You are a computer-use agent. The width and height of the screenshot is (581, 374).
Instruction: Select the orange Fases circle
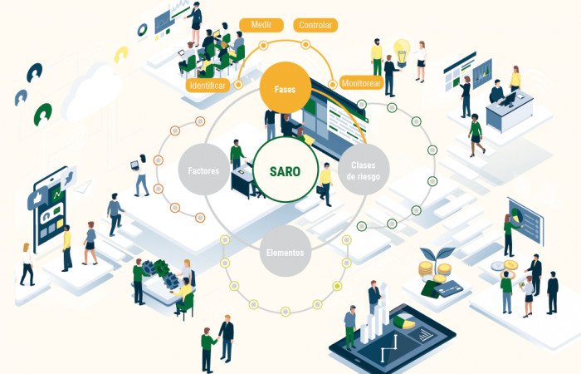click(x=285, y=88)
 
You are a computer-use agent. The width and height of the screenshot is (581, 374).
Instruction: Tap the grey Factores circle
click(x=203, y=170)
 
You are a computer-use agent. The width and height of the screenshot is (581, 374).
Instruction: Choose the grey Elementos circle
click(x=285, y=251)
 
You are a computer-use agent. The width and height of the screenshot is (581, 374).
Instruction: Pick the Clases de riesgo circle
click(x=364, y=170)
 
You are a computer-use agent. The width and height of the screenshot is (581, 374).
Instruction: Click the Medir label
click(x=261, y=25)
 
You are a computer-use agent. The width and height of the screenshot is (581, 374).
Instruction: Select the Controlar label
click(x=315, y=25)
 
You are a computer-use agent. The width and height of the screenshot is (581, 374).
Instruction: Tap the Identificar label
click(x=207, y=86)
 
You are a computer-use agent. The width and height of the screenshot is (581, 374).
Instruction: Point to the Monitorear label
click(x=361, y=83)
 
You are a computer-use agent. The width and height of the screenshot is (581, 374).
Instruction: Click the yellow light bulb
click(x=402, y=51)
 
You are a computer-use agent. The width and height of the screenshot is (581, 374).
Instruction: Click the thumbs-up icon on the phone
click(x=37, y=198)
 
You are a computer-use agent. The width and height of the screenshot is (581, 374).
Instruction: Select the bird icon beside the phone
click(x=69, y=177)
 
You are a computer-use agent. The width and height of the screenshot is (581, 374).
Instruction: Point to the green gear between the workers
click(x=162, y=268)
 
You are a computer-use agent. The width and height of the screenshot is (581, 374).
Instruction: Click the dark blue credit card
click(x=448, y=288)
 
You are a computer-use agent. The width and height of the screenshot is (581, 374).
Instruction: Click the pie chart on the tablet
click(x=404, y=322)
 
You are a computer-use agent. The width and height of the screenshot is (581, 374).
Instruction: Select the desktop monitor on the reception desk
click(x=508, y=99)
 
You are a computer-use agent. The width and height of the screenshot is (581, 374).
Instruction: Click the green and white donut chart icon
click(x=142, y=30)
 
